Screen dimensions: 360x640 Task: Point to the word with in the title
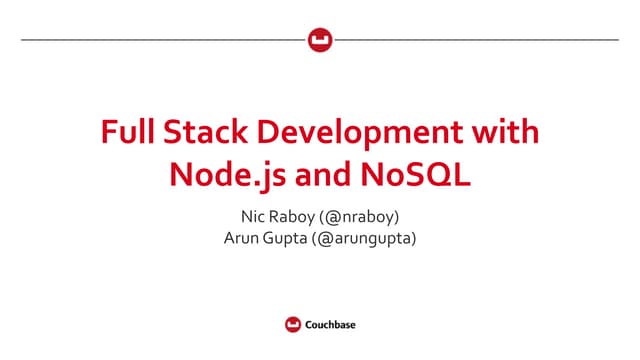[505, 133]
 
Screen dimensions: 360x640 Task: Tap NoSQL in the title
[417, 172]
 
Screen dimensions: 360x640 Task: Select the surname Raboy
[295, 215]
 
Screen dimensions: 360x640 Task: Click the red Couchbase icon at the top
[320, 40]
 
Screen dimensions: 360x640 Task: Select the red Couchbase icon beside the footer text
[293, 324]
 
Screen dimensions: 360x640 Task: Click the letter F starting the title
[107, 133]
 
